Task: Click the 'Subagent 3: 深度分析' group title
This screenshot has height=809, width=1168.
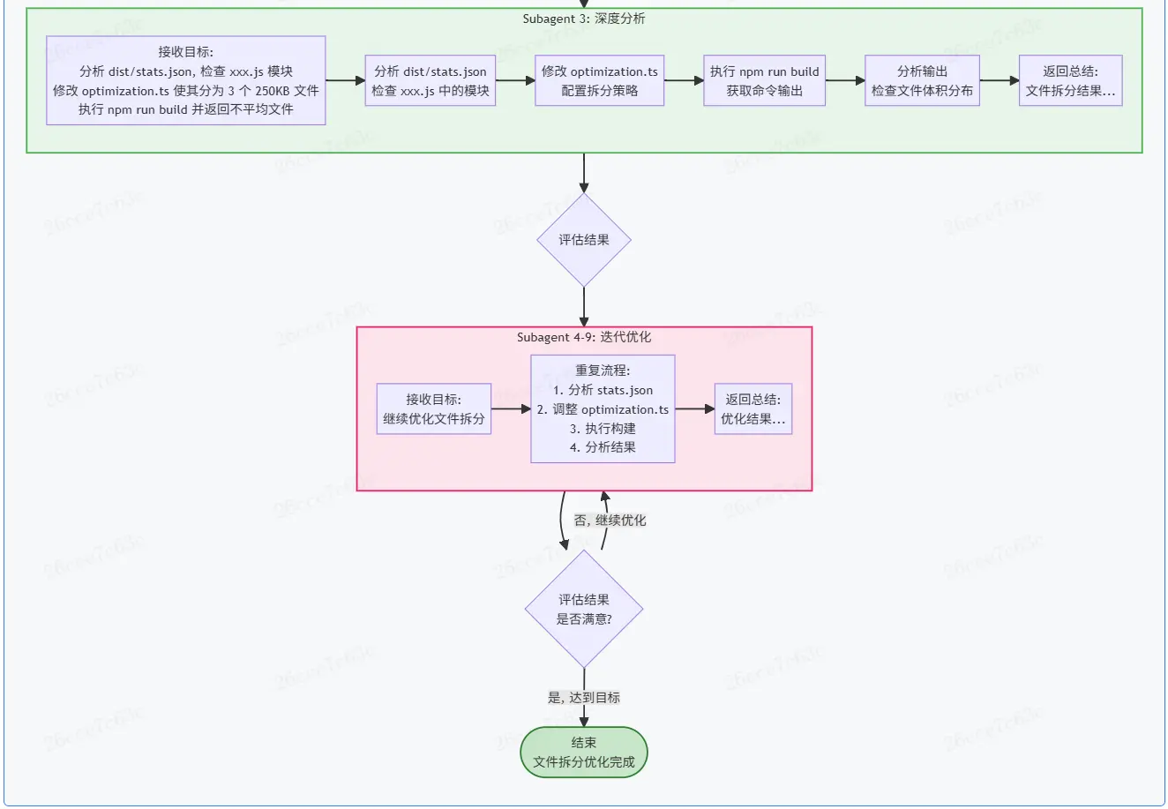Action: (583, 19)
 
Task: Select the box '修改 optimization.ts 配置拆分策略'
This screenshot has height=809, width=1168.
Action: (599, 80)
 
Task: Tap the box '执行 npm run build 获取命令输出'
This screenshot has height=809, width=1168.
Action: (764, 80)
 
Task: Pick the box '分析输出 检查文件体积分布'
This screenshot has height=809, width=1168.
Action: (922, 80)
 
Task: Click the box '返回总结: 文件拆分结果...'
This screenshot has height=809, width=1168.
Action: (1070, 80)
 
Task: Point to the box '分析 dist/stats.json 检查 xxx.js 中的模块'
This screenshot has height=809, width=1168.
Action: (430, 80)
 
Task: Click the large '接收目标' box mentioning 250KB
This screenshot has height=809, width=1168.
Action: (185, 80)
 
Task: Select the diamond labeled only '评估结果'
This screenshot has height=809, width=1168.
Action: (583, 240)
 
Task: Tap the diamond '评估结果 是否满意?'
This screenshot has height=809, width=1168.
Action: (583, 609)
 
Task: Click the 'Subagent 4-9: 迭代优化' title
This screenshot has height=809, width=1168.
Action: (583, 337)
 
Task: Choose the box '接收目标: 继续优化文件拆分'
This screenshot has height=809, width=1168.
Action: (433, 408)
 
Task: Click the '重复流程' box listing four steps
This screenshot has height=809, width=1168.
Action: (603, 408)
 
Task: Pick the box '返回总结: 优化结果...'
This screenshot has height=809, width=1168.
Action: (752, 408)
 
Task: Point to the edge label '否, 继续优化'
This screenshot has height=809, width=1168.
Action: (610, 521)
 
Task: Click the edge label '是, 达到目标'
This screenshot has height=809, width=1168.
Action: (583, 698)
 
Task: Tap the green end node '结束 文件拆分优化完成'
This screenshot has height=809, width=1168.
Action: (583, 753)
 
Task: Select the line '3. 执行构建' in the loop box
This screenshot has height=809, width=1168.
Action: (603, 428)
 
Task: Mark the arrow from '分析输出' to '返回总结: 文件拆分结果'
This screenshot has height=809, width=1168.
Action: (999, 80)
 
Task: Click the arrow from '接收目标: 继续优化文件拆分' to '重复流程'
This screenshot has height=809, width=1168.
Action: (510, 409)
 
